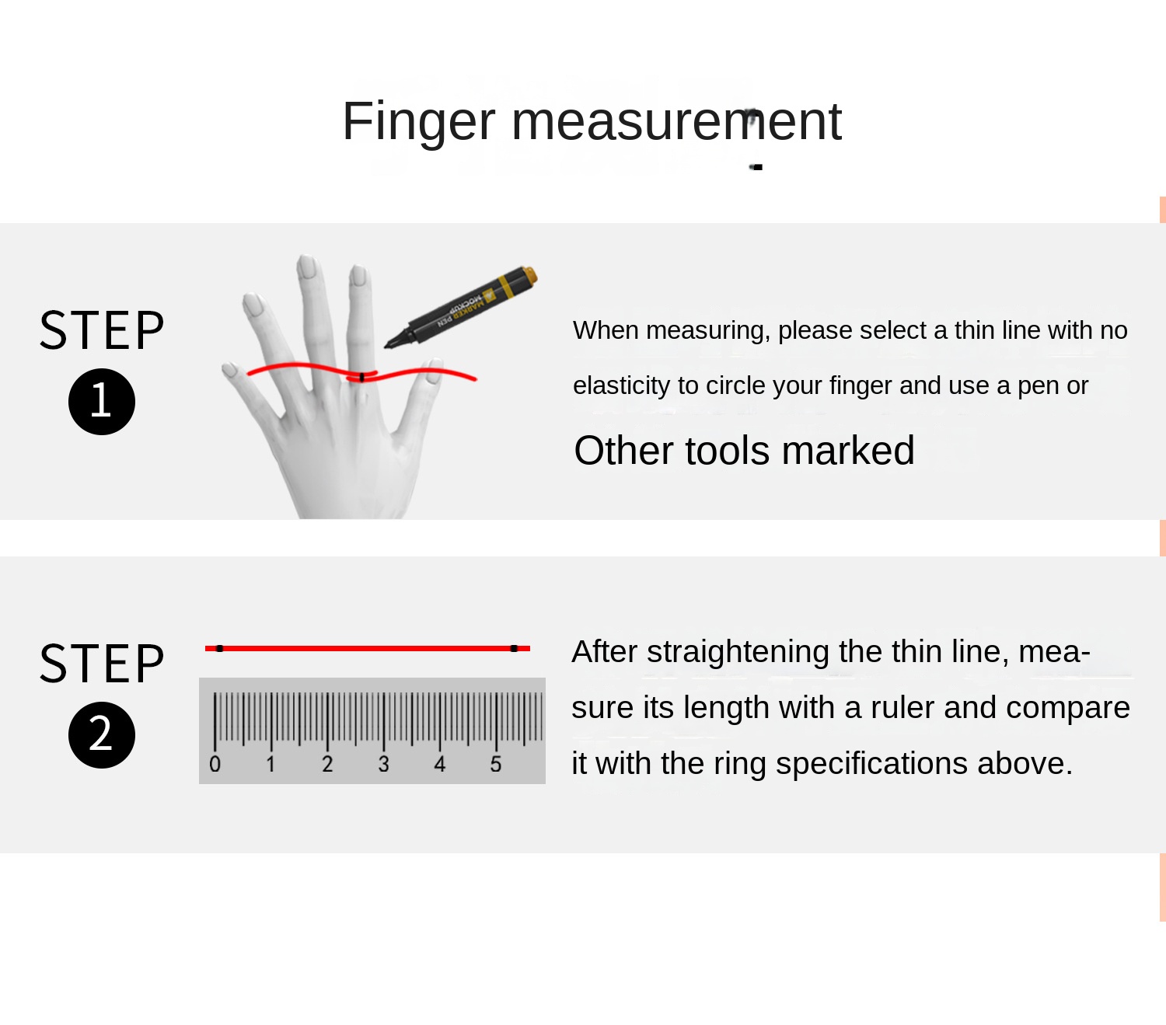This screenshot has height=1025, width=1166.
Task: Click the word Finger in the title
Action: click(418, 123)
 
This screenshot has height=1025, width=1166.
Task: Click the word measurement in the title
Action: click(676, 121)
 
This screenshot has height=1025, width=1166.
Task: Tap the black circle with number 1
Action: click(102, 401)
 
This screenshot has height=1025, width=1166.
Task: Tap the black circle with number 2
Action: click(102, 735)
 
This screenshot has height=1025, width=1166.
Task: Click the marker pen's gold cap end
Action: click(530, 276)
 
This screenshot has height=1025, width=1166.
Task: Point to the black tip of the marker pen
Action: click(387, 345)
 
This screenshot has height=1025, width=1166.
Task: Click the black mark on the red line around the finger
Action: click(361, 378)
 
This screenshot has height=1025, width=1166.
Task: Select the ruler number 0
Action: click(215, 764)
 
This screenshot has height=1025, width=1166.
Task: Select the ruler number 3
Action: click(383, 764)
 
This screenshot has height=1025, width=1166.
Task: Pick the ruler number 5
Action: click(495, 764)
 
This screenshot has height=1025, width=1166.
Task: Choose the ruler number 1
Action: click(271, 764)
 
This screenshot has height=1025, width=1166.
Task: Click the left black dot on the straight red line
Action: click(219, 649)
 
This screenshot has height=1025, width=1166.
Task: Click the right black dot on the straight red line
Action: click(514, 649)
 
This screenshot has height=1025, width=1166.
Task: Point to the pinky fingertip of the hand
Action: click(229, 368)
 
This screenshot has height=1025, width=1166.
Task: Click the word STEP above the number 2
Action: click(102, 664)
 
